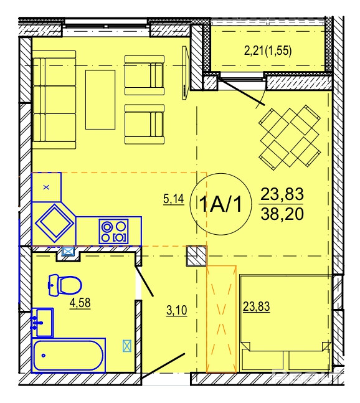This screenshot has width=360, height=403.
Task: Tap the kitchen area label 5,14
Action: pyautogui.click(x=174, y=199)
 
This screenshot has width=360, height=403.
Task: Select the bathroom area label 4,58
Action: pyautogui.click(x=80, y=303)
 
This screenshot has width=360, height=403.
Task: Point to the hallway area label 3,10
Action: pyautogui.click(x=177, y=310)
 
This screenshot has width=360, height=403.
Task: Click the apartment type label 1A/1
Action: pyautogui.click(x=220, y=204)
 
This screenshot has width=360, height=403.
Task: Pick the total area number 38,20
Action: pyautogui.click(x=282, y=214)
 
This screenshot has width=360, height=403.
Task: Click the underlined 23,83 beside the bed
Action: pyautogui.click(x=257, y=306)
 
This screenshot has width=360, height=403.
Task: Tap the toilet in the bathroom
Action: pyautogui.click(x=65, y=285)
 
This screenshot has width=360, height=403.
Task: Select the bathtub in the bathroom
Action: pyautogui.click(x=69, y=356)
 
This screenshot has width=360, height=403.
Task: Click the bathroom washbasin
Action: pyautogui.click(x=42, y=323)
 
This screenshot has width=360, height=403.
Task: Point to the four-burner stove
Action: pyautogui.click(x=113, y=231)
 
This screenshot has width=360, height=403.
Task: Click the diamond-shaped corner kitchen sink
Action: pyautogui.click(x=54, y=223)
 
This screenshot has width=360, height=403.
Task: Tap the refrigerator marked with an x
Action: pyautogui.click(x=46, y=187)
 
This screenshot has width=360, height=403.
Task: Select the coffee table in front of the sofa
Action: pyautogui.click(x=100, y=100)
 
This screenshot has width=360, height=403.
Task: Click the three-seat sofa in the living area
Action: pyautogui.click(x=54, y=100)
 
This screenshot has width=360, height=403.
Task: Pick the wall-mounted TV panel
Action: pyautogui.click(x=186, y=72)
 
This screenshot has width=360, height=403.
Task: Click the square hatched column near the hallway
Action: pyautogui.click(x=197, y=256)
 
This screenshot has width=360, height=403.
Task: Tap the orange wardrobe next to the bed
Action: pyautogui.click(x=221, y=319)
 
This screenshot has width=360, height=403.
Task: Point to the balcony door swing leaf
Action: pyautogui.click(x=242, y=92)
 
